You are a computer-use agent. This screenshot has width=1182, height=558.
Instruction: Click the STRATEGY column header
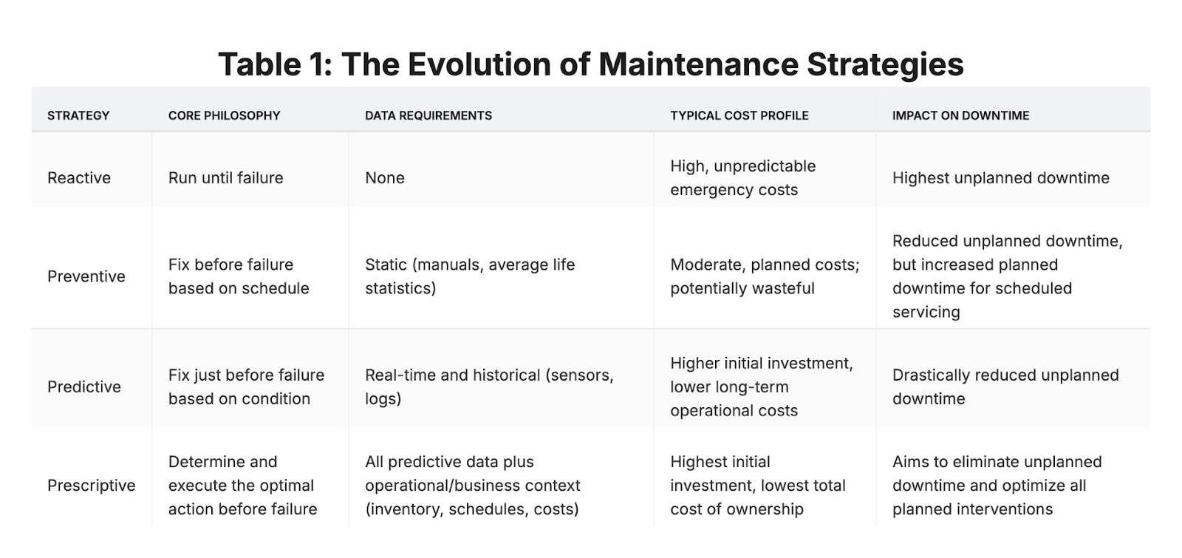pos(78,115)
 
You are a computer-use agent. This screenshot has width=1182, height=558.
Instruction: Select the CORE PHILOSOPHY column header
pos(225,115)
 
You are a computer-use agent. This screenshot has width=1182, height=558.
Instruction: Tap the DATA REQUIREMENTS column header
pos(428,115)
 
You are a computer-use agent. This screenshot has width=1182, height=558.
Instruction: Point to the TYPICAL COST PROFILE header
pos(739,115)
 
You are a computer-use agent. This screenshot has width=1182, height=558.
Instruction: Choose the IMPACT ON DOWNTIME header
pos(961,115)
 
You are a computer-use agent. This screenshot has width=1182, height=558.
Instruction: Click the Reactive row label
pos(79,178)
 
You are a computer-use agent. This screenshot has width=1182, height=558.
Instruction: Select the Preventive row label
pos(86,276)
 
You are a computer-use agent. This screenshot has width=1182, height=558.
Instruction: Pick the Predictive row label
pos(84,387)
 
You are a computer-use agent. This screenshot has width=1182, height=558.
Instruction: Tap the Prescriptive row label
pos(92,486)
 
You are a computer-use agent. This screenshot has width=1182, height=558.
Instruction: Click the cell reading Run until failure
pos(226,178)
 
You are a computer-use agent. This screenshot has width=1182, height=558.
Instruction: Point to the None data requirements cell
pos(385,178)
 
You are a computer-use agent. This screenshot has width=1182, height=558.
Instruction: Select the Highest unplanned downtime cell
pos(1001,178)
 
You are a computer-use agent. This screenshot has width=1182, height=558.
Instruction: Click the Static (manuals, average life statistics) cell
pos(470,276)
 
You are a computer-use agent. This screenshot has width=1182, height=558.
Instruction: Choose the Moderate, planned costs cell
pos(765,276)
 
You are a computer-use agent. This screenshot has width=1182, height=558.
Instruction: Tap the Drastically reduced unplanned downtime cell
pos(1005,387)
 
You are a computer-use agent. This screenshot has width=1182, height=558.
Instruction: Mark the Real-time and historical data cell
pos(489,387)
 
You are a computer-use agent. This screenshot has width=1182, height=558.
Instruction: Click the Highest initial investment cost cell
pos(758,486)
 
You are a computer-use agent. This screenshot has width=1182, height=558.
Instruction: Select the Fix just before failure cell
pos(247,387)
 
